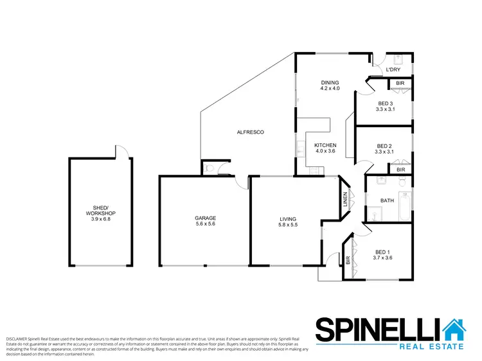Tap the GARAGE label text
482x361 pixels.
[206, 218]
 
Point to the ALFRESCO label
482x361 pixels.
[251, 132]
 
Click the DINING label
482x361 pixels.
[330, 82]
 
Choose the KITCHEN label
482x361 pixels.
[325, 145]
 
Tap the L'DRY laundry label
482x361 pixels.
[393, 69]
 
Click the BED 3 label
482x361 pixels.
[385, 103]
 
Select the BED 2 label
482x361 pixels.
[384, 146]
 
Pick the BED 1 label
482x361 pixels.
[383, 252]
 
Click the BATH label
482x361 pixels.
[387, 200]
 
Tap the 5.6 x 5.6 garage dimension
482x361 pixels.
[206, 225]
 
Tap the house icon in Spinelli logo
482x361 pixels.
[456, 331]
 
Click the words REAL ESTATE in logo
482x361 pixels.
[431, 347]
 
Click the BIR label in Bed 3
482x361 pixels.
[400, 84]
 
